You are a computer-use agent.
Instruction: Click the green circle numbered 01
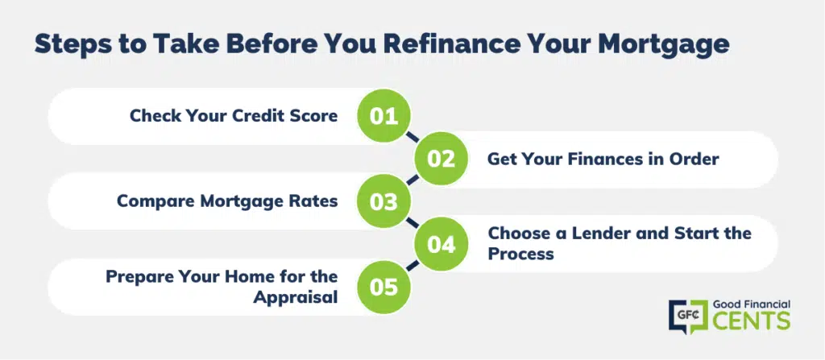[x=383, y=116]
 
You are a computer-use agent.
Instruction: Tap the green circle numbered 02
[x=441, y=159]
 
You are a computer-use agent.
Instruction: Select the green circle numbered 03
[x=383, y=202]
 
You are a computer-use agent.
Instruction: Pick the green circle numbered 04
[x=441, y=245]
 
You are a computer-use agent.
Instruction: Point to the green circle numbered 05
[x=383, y=288]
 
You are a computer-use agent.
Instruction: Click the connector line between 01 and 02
[x=412, y=138]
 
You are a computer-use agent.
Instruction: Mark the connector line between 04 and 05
[x=412, y=266]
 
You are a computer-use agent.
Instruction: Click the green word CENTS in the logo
[x=752, y=321]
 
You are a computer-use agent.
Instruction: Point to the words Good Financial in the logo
[x=751, y=304]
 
